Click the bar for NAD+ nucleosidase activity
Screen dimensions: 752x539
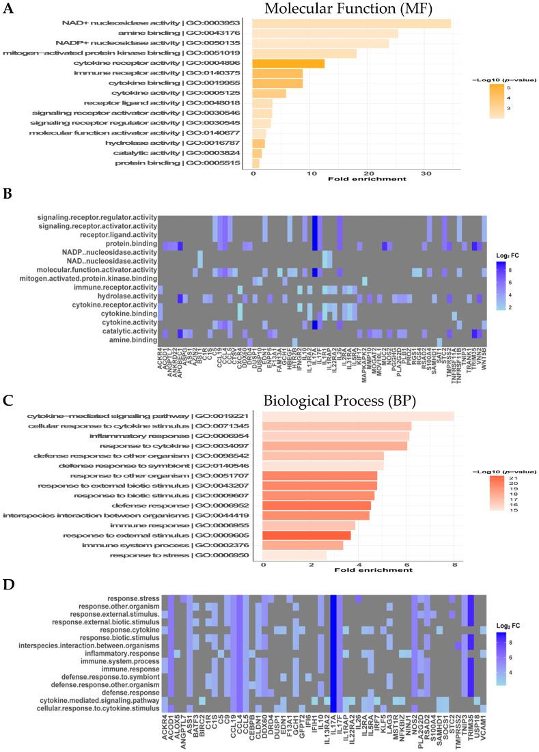(x=351, y=23)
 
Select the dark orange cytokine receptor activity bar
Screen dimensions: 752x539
(x=288, y=64)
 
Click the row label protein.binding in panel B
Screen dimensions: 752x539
(x=132, y=243)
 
